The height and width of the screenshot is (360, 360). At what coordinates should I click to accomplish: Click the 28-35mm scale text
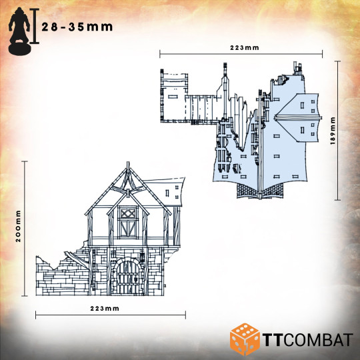click(x=77, y=27)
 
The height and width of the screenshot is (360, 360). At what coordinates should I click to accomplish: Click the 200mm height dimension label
click(x=18, y=226)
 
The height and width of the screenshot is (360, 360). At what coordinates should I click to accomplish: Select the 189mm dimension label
click(x=333, y=131)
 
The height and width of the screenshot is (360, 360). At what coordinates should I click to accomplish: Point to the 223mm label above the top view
click(x=245, y=48)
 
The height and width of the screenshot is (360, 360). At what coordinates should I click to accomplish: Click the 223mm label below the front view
click(x=105, y=309)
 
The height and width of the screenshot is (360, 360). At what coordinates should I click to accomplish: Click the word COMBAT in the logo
click(x=318, y=339)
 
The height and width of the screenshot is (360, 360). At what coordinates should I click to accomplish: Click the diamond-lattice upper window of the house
click(x=128, y=213)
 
